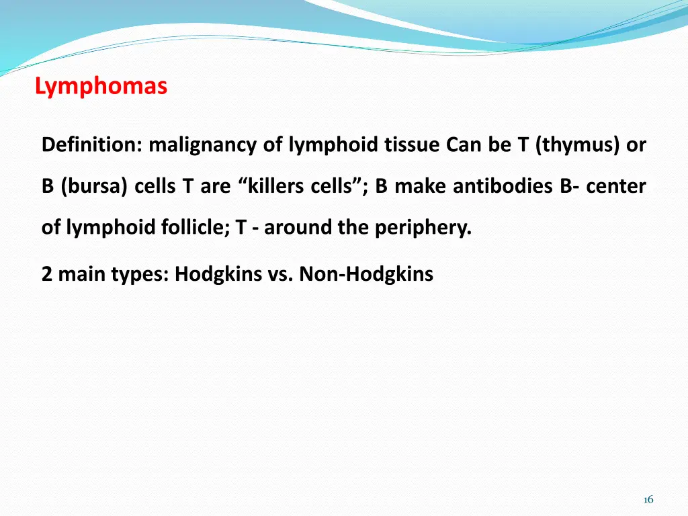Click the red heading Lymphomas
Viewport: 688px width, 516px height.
point(101,87)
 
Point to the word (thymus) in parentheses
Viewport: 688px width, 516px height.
point(577,144)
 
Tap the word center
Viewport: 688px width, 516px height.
point(616,186)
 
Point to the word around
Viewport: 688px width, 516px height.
point(299,228)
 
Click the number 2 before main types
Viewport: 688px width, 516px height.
point(47,274)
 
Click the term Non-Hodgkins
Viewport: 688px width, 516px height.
point(366,274)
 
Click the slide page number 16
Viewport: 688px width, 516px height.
point(648,499)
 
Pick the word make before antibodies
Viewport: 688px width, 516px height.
point(421,186)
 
